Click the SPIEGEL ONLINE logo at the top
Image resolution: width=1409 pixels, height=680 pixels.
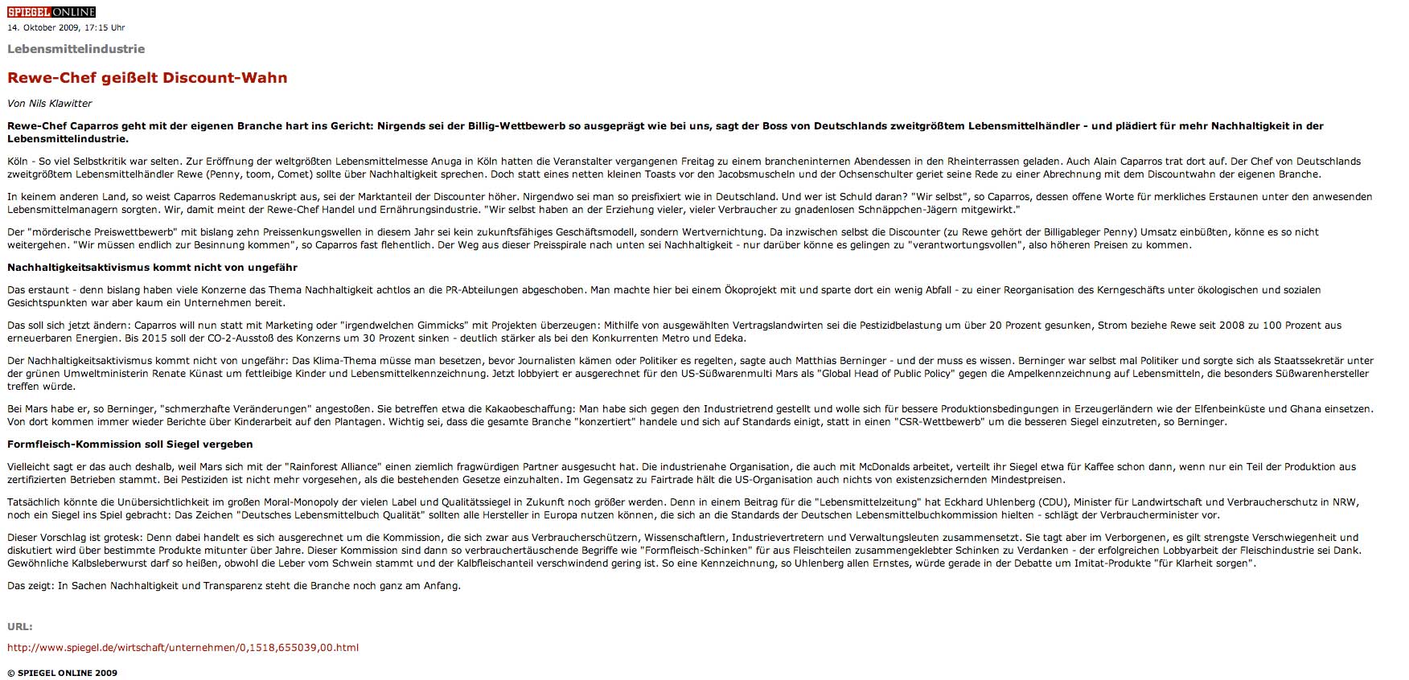(51, 12)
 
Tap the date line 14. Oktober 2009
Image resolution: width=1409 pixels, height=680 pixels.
(66, 27)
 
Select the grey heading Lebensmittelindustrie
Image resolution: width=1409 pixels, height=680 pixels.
(76, 49)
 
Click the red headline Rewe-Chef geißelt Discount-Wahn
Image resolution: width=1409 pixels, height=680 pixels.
(147, 78)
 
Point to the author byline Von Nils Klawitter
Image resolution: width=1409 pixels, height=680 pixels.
(50, 104)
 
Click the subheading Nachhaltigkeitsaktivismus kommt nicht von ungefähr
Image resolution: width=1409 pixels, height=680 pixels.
(153, 267)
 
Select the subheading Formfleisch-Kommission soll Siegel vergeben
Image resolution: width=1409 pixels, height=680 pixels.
(130, 444)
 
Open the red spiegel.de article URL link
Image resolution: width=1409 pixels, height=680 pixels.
(183, 647)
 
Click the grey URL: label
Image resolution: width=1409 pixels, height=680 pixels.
(20, 626)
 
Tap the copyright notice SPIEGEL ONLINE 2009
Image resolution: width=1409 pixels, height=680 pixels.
(62, 673)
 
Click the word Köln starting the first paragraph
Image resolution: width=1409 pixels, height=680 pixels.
(18, 162)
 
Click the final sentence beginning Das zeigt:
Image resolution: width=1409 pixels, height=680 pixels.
(234, 586)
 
